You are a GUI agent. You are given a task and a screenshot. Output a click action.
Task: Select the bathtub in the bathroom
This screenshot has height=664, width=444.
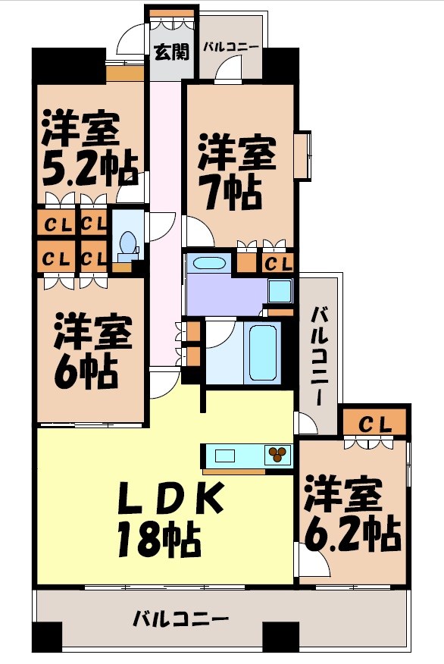(x=263, y=352)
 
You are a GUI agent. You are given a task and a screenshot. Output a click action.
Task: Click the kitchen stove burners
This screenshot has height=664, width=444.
(x=277, y=454)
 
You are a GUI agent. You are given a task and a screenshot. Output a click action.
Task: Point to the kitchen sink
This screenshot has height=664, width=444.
(x=227, y=456)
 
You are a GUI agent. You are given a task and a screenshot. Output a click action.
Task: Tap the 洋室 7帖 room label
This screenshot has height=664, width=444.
(x=236, y=171)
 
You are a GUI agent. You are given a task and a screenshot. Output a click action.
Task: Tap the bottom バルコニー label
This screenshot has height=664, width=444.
(x=181, y=619)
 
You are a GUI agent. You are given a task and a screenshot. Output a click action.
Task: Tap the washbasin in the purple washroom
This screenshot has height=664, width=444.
(x=209, y=264)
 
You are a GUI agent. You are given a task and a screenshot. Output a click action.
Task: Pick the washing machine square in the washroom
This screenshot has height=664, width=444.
(x=280, y=290)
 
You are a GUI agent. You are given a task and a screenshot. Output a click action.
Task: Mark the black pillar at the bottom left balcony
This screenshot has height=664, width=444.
(x=46, y=635)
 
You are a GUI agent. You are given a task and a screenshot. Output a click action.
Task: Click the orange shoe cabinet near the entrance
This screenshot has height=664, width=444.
(x=125, y=74)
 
